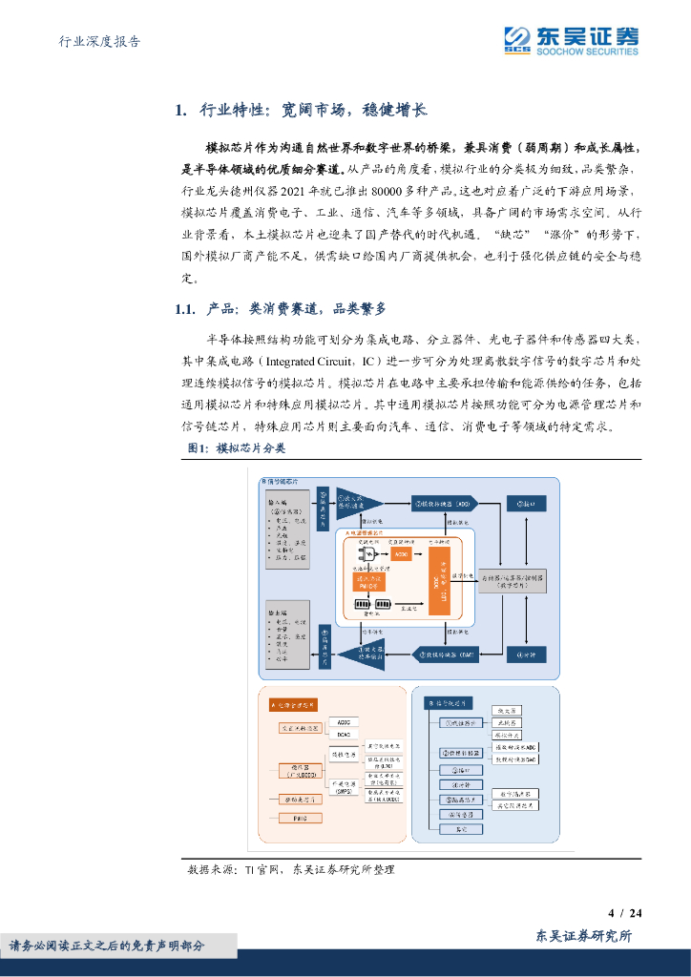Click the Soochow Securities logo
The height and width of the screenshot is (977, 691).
571,40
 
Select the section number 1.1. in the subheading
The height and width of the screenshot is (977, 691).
185,308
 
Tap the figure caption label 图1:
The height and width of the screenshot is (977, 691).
197,447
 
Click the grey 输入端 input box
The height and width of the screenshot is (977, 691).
283,535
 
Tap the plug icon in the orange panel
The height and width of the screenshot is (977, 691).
365,554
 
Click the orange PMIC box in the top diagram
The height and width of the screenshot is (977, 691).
373,581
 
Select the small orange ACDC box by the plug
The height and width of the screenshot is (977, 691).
402,554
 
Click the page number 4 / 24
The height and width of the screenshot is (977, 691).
624,913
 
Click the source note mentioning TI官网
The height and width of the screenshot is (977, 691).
291,869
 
